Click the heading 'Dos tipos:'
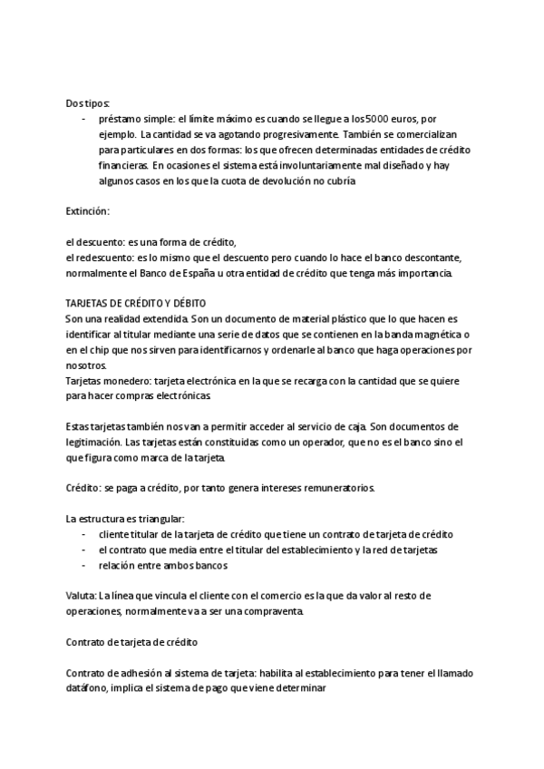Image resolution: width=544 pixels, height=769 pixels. coord(88,102)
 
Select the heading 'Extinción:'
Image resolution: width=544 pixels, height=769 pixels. coord(88,211)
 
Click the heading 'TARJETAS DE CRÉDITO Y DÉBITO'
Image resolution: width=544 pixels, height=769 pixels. coord(138,304)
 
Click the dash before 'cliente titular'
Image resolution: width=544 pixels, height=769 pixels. coord(84,535)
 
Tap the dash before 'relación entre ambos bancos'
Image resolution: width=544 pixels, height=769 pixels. coord(84,566)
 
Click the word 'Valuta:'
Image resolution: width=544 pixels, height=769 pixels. coord(81,596)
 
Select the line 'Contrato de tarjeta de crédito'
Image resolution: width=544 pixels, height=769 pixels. coord(132,642)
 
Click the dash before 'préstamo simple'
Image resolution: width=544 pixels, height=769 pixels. coord(84,118)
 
